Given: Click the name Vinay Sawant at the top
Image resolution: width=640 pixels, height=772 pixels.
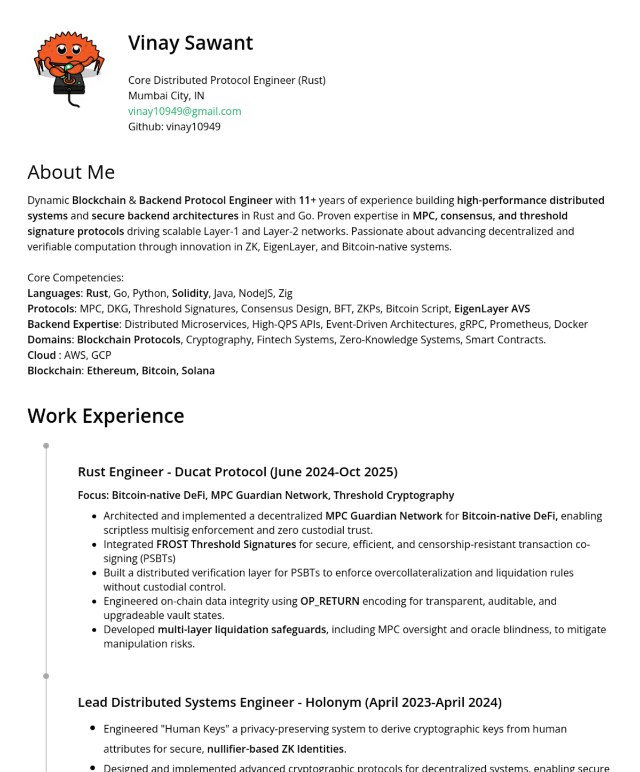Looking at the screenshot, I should [x=191, y=43].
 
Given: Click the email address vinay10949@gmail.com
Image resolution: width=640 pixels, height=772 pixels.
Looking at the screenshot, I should [x=184, y=111].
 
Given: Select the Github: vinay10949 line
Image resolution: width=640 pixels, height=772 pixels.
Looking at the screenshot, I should [x=174, y=127].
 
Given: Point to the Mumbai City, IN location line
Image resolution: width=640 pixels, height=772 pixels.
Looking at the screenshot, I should [x=166, y=96].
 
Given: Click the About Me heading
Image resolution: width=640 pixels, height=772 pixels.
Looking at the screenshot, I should [x=71, y=172].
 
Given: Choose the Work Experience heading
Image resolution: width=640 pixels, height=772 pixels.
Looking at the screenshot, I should [x=106, y=415].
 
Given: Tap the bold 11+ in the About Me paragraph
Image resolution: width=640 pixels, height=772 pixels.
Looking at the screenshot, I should [x=307, y=200].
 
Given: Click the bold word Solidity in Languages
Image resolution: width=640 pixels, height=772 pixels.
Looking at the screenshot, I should [x=190, y=293].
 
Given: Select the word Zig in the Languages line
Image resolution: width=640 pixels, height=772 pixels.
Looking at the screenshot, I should [x=285, y=293].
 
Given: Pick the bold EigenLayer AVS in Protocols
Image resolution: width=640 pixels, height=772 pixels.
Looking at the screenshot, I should [x=492, y=309].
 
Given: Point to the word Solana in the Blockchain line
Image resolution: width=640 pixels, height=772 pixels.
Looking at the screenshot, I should [x=198, y=371].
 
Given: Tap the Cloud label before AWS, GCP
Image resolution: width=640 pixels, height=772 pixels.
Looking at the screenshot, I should [x=42, y=355].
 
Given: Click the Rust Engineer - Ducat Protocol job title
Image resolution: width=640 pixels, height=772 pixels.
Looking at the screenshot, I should [x=238, y=472].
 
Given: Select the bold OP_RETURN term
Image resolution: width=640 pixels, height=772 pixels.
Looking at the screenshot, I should [x=329, y=601].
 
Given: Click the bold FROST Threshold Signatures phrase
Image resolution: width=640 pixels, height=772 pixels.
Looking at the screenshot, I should [x=226, y=544].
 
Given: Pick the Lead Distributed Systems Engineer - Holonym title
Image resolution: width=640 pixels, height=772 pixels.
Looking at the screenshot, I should [x=289, y=702].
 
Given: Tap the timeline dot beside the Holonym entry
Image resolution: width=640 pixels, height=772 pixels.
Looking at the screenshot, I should [x=46, y=676].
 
